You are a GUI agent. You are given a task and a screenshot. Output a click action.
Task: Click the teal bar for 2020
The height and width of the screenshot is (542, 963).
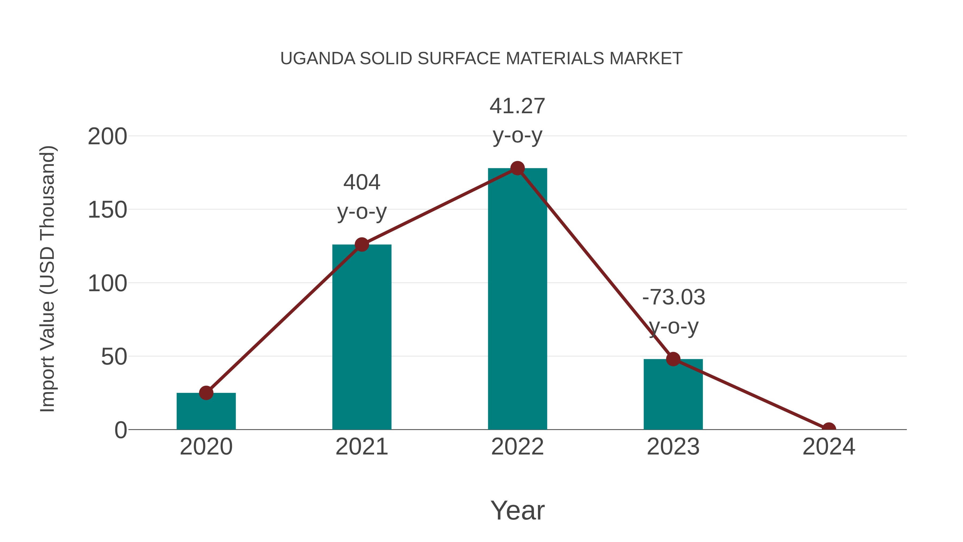click(x=206, y=411)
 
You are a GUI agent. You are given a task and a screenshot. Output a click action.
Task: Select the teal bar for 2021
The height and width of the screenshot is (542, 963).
click(x=361, y=337)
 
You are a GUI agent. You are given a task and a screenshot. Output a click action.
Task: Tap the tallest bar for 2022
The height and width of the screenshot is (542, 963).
click(x=517, y=299)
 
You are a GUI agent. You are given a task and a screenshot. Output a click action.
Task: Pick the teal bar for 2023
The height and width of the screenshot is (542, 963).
click(x=673, y=395)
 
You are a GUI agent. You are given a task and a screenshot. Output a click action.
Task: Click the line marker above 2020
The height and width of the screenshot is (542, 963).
click(x=206, y=393)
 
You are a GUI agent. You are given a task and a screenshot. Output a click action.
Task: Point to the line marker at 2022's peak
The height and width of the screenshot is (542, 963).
click(x=517, y=168)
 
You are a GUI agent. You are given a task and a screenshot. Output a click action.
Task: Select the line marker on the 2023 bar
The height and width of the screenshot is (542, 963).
click(x=673, y=359)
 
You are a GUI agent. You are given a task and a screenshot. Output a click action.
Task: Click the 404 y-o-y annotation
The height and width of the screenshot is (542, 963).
click(x=361, y=197)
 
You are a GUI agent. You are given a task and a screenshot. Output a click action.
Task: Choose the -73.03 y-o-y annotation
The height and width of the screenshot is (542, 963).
click(x=673, y=312)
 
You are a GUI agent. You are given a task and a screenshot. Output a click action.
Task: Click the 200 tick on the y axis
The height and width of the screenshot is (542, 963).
click(x=107, y=137)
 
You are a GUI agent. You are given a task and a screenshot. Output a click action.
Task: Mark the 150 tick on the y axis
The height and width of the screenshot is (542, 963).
click(x=107, y=210)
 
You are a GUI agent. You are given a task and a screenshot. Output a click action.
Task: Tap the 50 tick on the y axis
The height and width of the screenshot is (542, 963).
click(x=114, y=357)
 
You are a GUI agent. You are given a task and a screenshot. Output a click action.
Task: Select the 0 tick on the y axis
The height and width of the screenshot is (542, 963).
click(x=120, y=430)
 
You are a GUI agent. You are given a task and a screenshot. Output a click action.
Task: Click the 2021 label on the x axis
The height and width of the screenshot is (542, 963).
click(x=361, y=447)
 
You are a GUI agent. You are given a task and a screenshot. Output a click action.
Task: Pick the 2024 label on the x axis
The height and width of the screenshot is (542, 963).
click(x=829, y=447)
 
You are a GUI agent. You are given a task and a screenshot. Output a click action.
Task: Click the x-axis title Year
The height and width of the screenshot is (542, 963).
click(x=517, y=510)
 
